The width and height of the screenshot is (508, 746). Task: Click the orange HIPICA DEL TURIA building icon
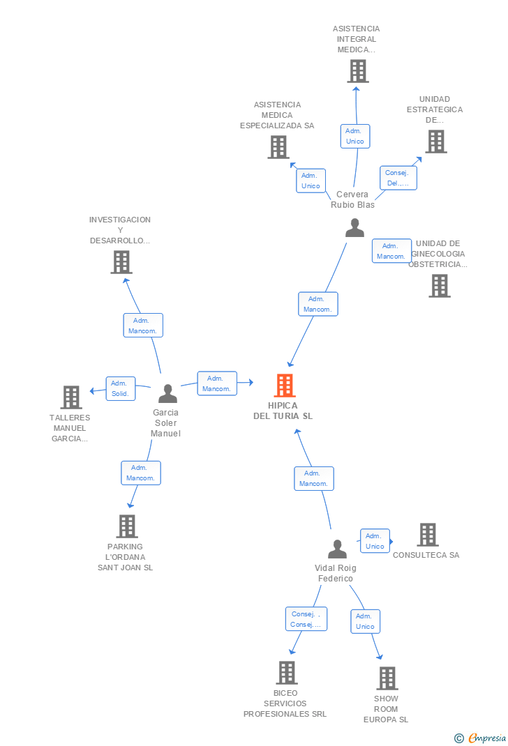pyautogui.click(x=285, y=386)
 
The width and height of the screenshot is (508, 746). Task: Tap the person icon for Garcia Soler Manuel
pyautogui.click(x=167, y=393)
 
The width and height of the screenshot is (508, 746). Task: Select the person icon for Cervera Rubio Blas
pyautogui.click(x=354, y=227)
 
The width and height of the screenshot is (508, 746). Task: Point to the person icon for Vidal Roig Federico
pyautogui.click(x=338, y=549)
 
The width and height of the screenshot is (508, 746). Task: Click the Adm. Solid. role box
pyautogui.click(x=121, y=389)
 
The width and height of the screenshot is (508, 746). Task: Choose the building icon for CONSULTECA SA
pyautogui.click(x=428, y=535)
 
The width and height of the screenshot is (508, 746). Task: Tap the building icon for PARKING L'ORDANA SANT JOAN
pyautogui.click(x=127, y=526)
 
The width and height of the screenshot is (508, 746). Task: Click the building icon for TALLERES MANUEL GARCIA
pyautogui.click(x=71, y=397)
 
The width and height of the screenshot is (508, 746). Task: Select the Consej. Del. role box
pyautogui.click(x=398, y=178)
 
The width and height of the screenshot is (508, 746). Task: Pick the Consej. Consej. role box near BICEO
pyautogui.click(x=306, y=619)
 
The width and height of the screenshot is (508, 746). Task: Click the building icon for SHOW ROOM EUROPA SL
pyautogui.click(x=387, y=678)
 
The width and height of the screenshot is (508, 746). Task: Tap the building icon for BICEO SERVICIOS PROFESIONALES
pyautogui.click(x=287, y=673)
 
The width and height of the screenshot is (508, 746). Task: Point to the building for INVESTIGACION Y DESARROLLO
pyautogui.click(x=121, y=262)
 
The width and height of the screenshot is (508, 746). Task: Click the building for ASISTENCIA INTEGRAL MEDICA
pyautogui.click(x=358, y=71)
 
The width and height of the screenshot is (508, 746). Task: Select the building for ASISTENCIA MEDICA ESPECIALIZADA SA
pyautogui.click(x=278, y=147)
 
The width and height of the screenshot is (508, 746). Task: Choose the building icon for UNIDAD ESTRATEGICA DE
pyautogui.click(x=436, y=142)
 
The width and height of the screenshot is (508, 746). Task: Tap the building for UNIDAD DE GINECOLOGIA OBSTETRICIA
pyautogui.click(x=440, y=286)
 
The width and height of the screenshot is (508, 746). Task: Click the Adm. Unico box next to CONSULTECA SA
pyautogui.click(x=375, y=541)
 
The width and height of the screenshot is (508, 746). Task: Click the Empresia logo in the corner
pyautogui.click(x=480, y=738)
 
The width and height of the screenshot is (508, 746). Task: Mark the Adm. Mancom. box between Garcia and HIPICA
pyautogui.click(x=217, y=383)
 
